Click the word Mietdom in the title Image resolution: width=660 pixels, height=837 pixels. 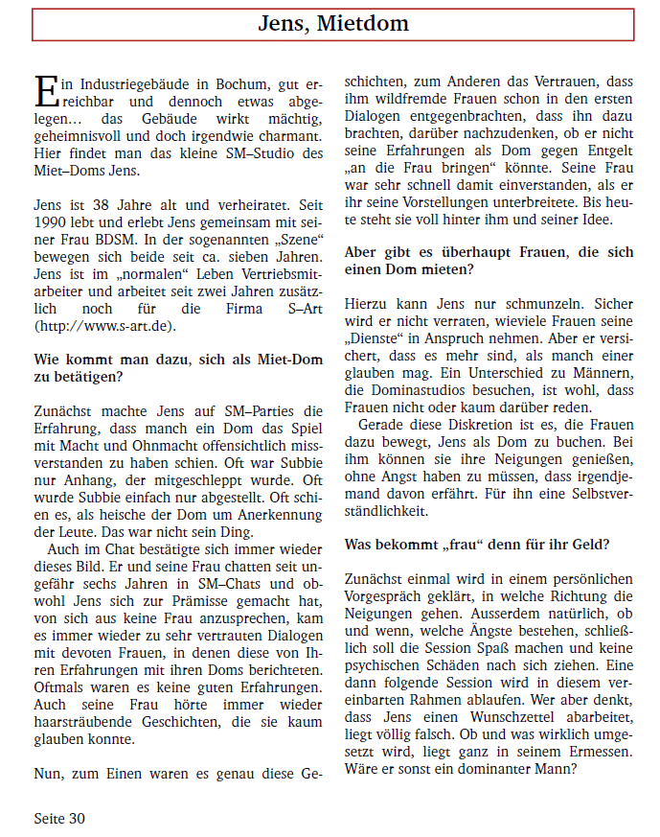pyautogui.click(x=368, y=24)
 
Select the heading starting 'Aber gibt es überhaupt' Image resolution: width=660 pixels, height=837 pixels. pyautogui.click(x=489, y=261)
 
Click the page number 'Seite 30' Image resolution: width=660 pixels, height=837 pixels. pyautogui.click(x=59, y=818)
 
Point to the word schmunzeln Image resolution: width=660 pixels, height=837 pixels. pyautogui.click(x=526, y=303)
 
